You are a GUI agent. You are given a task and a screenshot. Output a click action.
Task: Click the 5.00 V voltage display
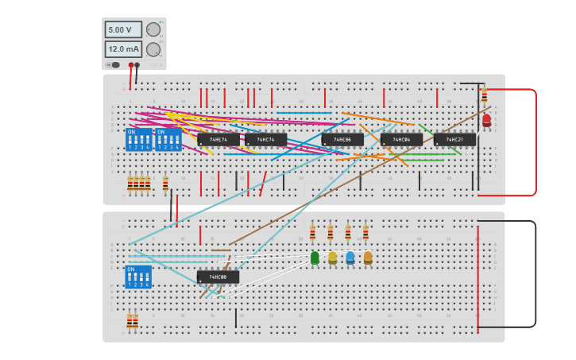point(123,29)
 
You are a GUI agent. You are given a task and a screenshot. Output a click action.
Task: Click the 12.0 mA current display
point(123,49)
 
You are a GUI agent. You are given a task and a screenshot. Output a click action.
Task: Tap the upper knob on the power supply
point(153,29)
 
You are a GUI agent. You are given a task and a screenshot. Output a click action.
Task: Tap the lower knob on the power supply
point(153,49)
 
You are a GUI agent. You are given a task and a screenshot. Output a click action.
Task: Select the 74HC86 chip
point(342,139)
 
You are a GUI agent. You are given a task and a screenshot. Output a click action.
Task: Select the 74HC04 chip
point(401,139)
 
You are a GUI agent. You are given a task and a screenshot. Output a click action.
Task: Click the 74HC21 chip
point(454,139)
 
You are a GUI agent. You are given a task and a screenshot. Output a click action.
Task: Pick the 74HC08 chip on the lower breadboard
point(218,277)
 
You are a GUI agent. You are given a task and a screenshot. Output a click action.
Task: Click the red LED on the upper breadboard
point(486,121)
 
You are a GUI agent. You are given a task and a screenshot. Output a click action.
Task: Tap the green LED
point(315,257)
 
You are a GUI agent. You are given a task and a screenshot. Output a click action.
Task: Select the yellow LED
point(332,257)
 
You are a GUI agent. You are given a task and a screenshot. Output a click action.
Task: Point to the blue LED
point(350,257)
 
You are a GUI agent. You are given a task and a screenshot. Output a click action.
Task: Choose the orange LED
point(368,257)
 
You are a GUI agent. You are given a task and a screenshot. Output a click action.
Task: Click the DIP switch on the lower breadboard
point(138,277)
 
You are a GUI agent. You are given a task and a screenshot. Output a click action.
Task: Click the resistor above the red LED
point(485,96)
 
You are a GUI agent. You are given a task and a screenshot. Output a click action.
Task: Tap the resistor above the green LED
point(312,233)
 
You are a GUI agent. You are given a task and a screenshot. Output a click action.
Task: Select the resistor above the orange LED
point(365,233)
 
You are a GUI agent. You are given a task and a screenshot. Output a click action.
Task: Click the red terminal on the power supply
point(130,65)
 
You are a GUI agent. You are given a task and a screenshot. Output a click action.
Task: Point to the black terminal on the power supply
point(137,65)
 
